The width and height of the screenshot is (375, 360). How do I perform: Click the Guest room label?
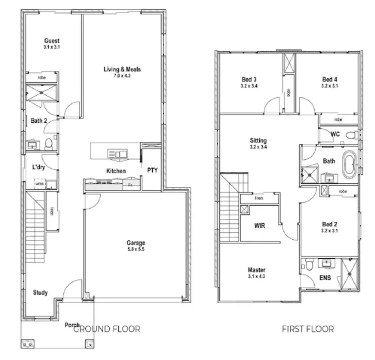pyautogui.click(x=52, y=41)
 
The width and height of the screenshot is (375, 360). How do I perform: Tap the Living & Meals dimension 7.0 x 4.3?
pyautogui.click(x=122, y=76)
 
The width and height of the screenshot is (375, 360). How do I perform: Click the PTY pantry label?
pyautogui.click(x=152, y=170)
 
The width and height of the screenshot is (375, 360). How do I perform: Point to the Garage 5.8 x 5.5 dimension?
pyautogui.click(x=136, y=249)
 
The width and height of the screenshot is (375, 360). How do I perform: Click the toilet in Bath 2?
pyautogui.click(x=49, y=144)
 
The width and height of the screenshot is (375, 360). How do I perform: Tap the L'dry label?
pyautogui.click(x=38, y=167)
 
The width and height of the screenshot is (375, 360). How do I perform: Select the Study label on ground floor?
pyautogui.click(x=40, y=293)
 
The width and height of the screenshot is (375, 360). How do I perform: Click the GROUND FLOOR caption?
pyautogui.click(x=107, y=329)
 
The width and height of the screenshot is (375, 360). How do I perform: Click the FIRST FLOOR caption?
pyautogui.click(x=308, y=329)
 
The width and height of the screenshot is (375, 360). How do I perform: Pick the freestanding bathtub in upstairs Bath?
pyautogui.click(x=349, y=164)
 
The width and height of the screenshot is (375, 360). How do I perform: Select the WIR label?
pyautogui.click(x=259, y=226)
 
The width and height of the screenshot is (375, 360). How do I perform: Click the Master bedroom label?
pyautogui.click(x=256, y=270)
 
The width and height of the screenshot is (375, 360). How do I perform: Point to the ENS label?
pyautogui.click(x=325, y=278)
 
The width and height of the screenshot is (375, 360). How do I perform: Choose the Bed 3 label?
pyautogui.click(x=249, y=79)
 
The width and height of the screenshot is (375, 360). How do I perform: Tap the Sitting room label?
pyautogui.click(x=258, y=140)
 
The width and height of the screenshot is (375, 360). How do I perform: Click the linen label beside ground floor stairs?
pyautogui.click(x=52, y=211)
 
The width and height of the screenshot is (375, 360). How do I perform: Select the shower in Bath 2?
pyautogui.click(x=41, y=92)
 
